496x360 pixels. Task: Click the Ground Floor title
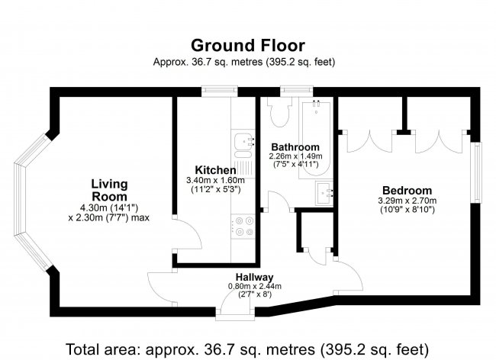[248, 45]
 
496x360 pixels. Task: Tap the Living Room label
[109, 190]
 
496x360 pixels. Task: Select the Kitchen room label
[215, 170]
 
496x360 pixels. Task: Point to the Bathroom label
[295, 147]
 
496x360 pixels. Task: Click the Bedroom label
[407, 190]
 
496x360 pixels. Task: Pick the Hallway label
[254, 277]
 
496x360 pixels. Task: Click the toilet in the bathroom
[279, 111]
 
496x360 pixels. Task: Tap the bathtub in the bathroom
[315, 138]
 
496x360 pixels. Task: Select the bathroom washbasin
[324, 194]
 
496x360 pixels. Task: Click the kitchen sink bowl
[243, 141]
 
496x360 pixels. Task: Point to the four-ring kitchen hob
[243, 227]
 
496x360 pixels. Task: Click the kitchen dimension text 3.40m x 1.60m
[215, 181]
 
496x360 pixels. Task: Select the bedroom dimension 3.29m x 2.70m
[407, 201]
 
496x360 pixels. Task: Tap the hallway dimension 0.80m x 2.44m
[255, 286]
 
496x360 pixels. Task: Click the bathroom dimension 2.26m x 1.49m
[295, 156]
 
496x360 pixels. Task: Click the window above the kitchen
[220, 92]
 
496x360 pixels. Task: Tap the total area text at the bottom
[247, 349]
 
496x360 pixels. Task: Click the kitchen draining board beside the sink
[243, 167]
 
